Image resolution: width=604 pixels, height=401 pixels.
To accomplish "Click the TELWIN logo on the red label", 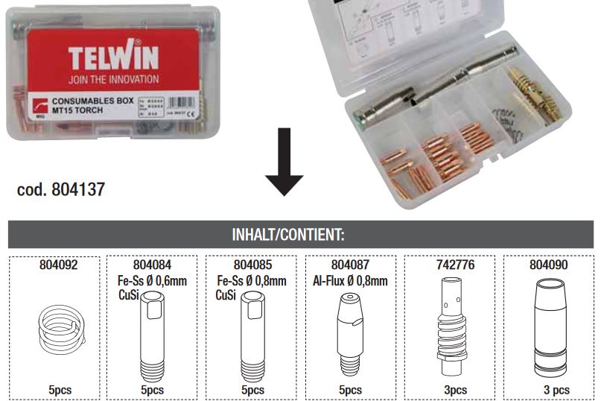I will [112, 57].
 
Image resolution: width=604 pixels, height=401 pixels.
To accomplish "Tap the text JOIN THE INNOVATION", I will [112, 78].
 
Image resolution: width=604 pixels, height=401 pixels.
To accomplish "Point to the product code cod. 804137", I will [60, 190].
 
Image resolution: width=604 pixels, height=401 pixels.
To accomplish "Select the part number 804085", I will [253, 265].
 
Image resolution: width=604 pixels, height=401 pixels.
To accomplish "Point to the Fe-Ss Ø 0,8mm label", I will [251, 281].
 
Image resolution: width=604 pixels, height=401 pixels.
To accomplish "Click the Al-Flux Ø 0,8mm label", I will [351, 281].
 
